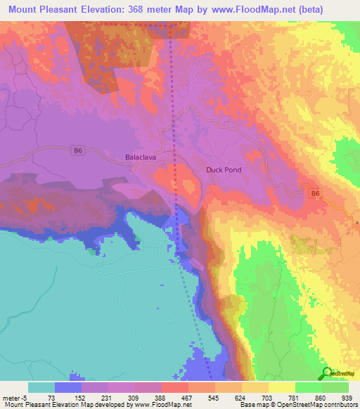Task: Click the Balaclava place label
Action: click(x=140, y=157)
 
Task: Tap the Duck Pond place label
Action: click(x=224, y=170)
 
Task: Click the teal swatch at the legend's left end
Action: click(x=41, y=387)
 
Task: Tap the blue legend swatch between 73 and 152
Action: click(x=68, y=387)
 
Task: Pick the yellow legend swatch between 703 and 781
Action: click(x=281, y=387)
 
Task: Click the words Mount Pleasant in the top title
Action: click(x=44, y=11)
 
